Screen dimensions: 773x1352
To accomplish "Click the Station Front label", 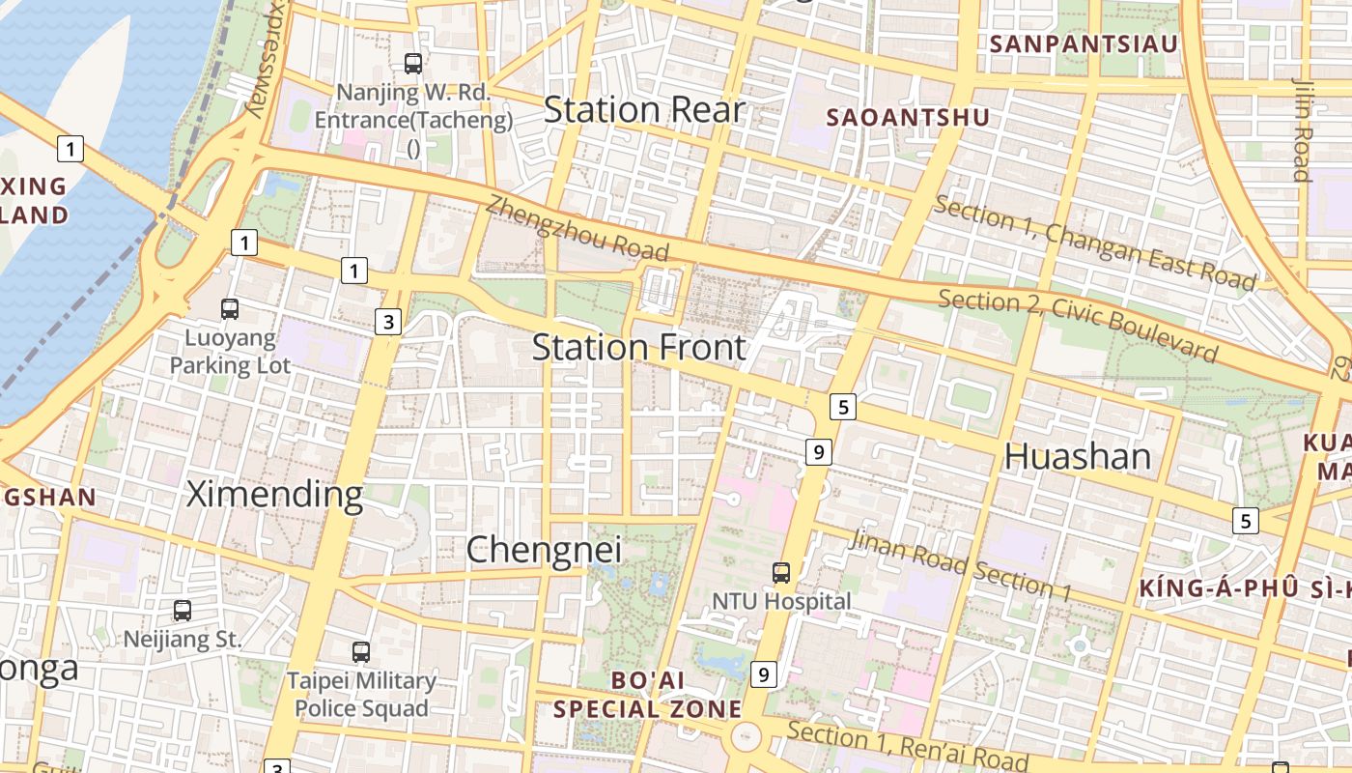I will [x=639, y=347].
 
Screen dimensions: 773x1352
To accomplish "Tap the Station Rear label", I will [x=644, y=110].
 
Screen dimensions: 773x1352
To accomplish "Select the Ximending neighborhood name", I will [x=274, y=495].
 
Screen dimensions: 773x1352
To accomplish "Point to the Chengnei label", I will [x=545, y=550].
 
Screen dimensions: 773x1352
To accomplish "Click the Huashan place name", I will [x=1078, y=456].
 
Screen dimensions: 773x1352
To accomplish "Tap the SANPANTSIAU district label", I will [x=1084, y=43].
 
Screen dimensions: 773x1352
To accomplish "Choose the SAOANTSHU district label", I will [x=909, y=117].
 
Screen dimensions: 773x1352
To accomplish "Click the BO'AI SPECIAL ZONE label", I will [x=647, y=695].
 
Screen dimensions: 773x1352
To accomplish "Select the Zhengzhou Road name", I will [x=577, y=228].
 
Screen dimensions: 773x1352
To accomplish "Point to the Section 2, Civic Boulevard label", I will [x=1078, y=325].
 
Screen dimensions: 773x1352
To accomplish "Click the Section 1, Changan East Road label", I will [x=1095, y=243].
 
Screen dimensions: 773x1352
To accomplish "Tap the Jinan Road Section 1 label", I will [x=960, y=564].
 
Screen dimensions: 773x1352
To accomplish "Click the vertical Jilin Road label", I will [x=1302, y=129].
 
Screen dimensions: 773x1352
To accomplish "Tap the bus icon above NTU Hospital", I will [x=781, y=573].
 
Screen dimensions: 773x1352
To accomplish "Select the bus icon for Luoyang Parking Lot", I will [x=230, y=309].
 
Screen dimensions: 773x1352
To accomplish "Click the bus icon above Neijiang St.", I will [x=183, y=611].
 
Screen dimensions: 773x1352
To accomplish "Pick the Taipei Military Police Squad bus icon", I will [x=361, y=652].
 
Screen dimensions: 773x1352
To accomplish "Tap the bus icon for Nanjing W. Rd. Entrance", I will [x=413, y=64].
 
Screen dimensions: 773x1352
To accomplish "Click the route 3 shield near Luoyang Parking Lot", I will [x=388, y=322].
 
